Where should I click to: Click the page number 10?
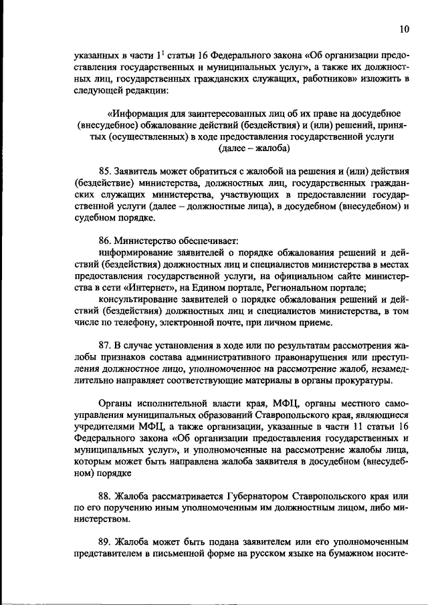(x=403, y=29)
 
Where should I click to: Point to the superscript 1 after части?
(x=158, y=53)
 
